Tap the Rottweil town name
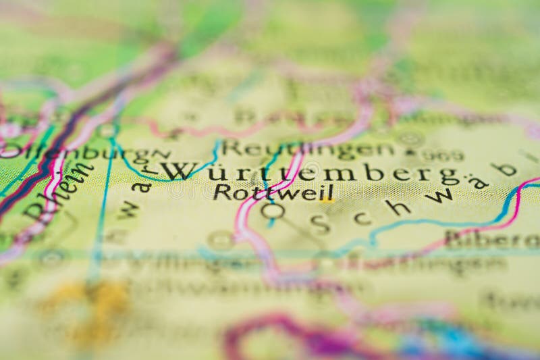tap(273, 192)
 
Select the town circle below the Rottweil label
tap(273, 211)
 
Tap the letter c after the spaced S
tap(360, 218)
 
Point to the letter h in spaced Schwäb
tap(398, 208)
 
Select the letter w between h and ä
tap(440, 196)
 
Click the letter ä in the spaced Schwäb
tap(478, 182)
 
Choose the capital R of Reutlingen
tap(232, 147)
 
